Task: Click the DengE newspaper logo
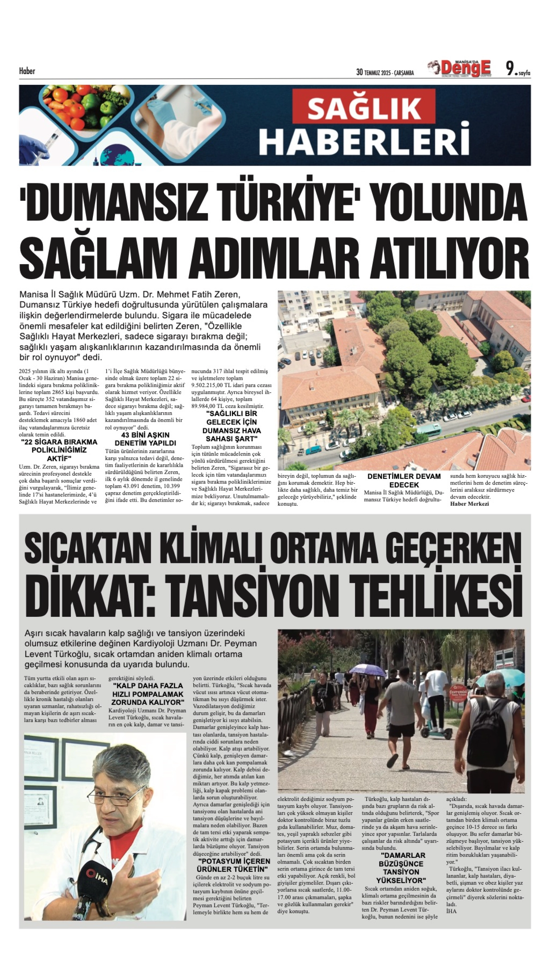pos(465,69)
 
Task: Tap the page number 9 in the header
pos(510,69)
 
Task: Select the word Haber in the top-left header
pos(27,71)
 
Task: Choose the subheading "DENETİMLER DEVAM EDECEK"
pos(404,481)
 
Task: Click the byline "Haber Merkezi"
pos(469,504)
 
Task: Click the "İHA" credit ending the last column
pos(451,911)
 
